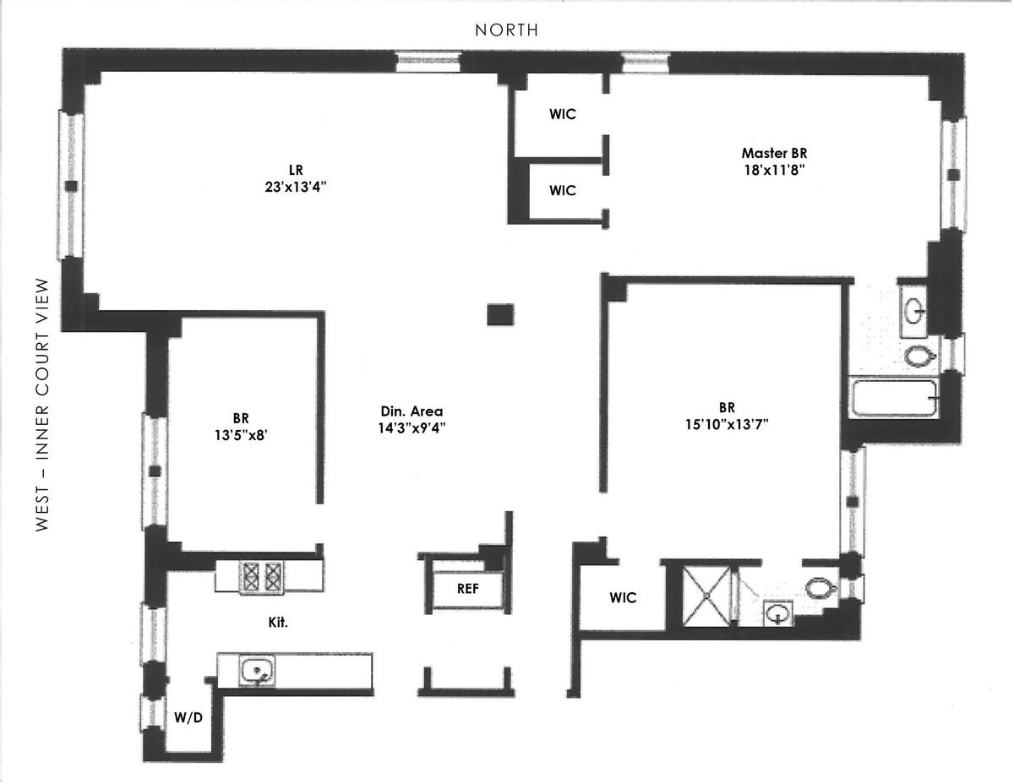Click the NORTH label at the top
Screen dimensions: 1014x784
[x=506, y=30]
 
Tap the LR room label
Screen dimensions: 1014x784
[x=295, y=170]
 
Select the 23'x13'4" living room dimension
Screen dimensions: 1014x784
[x=295, y=187]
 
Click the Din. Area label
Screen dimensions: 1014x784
[x=412, y=411]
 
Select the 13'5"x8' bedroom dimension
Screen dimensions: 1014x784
[x=241, y=434]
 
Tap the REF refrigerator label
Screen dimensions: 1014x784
[x=467, y=589]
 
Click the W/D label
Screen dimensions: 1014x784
[x=188, y=718]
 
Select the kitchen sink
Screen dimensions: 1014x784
[x=256, y=671]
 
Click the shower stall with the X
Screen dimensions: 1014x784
[x=708, y=596]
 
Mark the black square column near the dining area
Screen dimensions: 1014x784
[x=500, y=314]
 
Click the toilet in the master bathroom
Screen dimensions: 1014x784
[x=919, y=356]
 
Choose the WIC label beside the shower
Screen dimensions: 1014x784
[x=623, y=597]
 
